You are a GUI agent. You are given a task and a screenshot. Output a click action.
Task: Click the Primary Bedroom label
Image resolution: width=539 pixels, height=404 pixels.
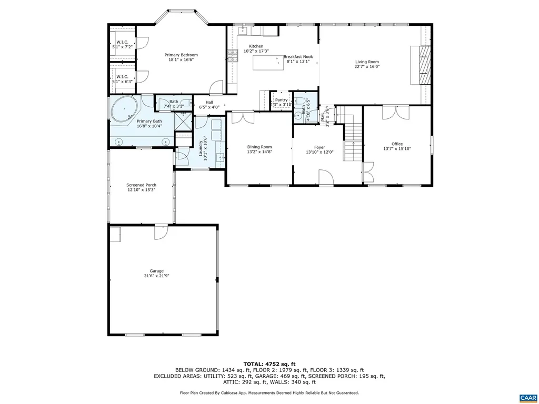point(181,55)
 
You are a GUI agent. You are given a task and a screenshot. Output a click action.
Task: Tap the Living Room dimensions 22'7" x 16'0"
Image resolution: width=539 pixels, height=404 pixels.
point(367,67)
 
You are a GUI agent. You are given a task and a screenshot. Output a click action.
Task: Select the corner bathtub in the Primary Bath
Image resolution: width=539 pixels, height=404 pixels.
point(124,110)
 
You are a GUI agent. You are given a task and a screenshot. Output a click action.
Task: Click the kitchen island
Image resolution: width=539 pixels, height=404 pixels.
point(267,63)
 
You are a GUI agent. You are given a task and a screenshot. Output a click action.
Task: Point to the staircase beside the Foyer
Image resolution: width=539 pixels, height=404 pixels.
point(353,136)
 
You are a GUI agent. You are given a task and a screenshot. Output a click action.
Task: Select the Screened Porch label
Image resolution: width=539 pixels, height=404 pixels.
point(141,185)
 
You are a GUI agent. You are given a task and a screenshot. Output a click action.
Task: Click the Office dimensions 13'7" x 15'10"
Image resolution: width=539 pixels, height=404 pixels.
point(397,149)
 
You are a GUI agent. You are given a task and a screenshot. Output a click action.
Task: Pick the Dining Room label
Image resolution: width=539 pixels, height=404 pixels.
point(259,147)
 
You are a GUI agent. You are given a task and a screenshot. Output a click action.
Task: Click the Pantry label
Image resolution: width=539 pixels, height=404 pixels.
point(281,100)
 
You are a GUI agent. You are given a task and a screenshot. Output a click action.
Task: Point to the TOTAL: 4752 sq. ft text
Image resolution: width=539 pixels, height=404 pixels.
point(269,364)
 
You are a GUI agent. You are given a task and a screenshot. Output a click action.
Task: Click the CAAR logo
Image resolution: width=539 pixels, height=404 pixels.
point(527,397)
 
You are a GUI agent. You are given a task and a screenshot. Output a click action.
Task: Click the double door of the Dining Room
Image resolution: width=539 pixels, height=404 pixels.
point(239,117)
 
